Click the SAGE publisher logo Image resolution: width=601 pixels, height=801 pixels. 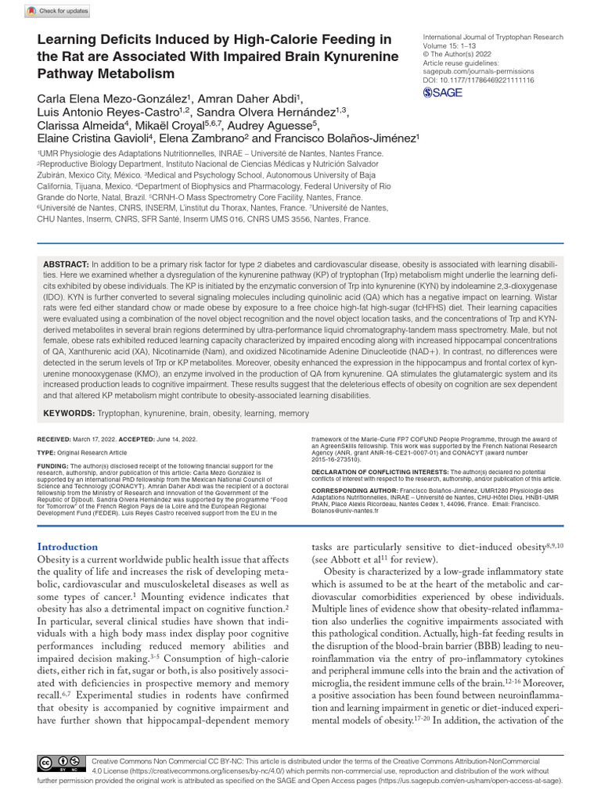pyautogui.click(x=442, y=92)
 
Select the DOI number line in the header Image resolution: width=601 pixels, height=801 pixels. pyautogui.click(x=478, y=80)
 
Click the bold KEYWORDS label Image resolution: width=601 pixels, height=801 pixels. pyautogui.click(x=68, y=412)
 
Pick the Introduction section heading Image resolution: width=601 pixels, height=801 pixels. pyautogui.click(x=68, y=547)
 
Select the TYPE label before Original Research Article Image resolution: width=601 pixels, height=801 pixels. pyautogui.click(x=46, y=453)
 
